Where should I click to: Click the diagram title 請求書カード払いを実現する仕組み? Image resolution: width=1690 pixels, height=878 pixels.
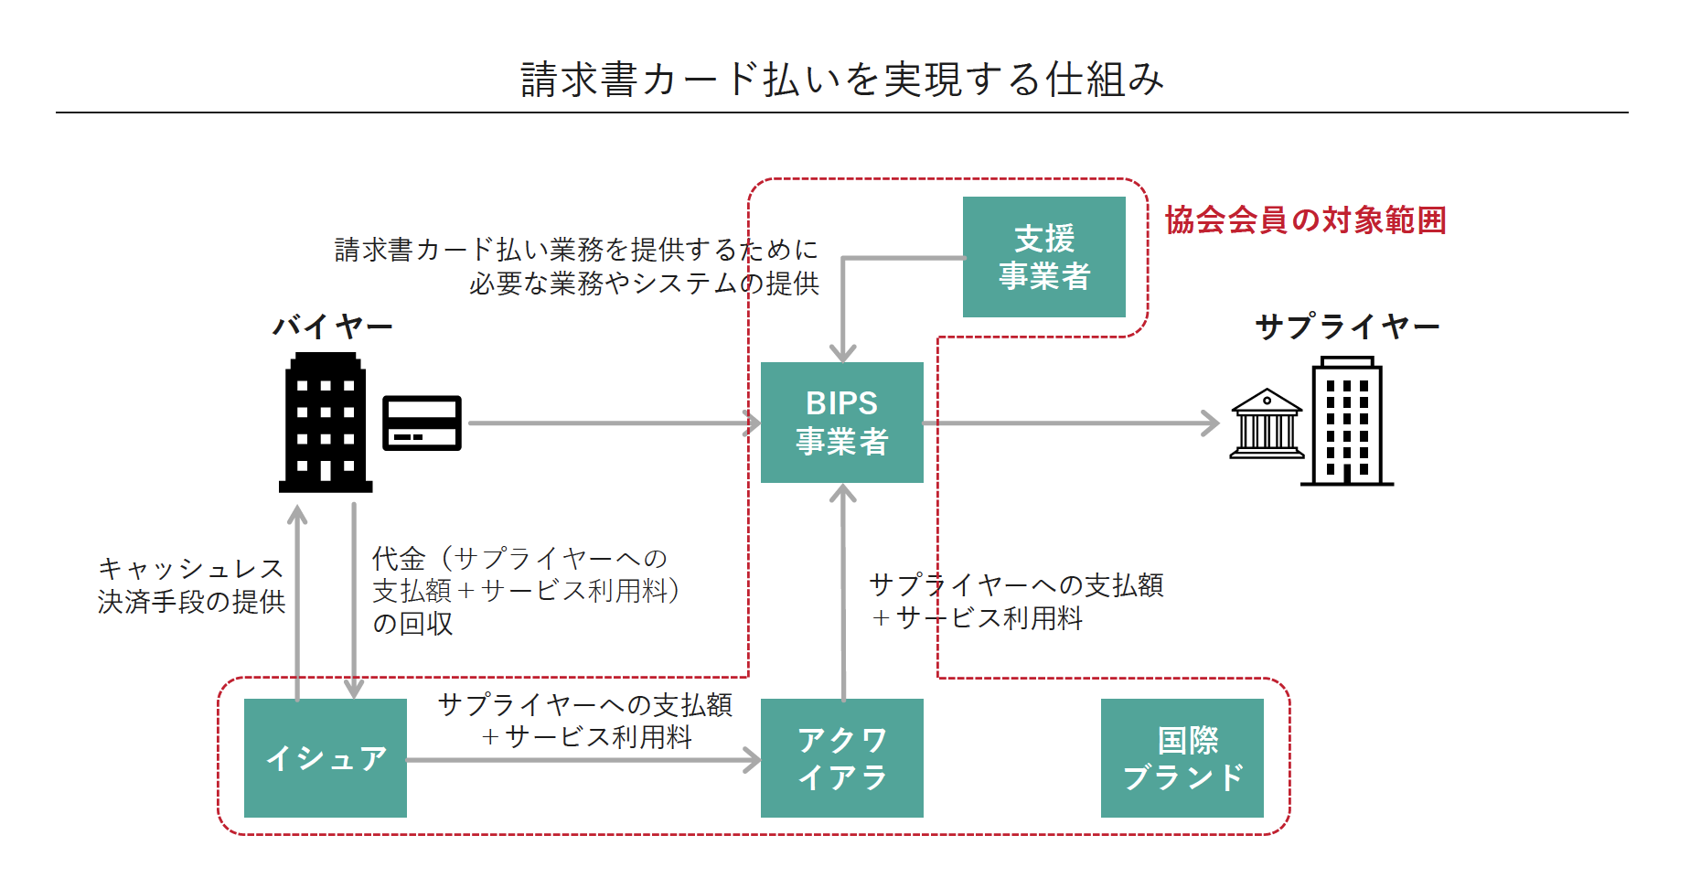[842, 80]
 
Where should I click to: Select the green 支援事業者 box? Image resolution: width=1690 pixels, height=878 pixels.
[1043, 257]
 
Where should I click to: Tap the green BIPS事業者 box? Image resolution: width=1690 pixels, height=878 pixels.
[841, 423]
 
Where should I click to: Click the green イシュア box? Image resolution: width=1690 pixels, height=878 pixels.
[325, 758]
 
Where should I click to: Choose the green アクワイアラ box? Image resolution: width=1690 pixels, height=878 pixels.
[841, 758]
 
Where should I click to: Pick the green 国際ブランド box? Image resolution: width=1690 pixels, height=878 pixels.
[1182, 758]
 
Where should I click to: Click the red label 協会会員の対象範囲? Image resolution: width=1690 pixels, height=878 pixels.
[1305, 220]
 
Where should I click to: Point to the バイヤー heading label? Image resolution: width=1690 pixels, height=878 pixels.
[333, 327]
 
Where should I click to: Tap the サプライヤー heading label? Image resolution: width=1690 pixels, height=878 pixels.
[1347, 327]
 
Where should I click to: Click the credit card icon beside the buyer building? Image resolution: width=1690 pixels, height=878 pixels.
[422, 423]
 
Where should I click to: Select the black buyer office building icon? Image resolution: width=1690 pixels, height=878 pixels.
[326, 423]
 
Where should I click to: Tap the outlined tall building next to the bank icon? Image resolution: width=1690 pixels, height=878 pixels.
[1347, 422]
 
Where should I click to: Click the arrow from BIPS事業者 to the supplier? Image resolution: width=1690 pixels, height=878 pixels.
[1070, 423]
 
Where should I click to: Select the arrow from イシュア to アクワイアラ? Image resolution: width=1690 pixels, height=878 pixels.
[583, 760]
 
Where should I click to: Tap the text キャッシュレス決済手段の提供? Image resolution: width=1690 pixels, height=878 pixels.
[192, 585]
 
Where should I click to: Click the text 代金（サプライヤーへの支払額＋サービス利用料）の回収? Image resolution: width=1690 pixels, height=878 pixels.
[525, 591]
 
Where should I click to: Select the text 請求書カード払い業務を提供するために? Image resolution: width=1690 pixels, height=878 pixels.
[576, 250]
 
